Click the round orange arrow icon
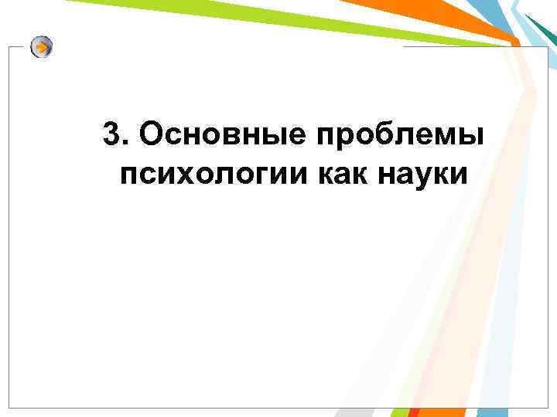[43, 48]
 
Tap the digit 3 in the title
[111, 136]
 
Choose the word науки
[424, 176]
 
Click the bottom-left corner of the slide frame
[9, 407]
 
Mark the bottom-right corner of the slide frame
[547, 407]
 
